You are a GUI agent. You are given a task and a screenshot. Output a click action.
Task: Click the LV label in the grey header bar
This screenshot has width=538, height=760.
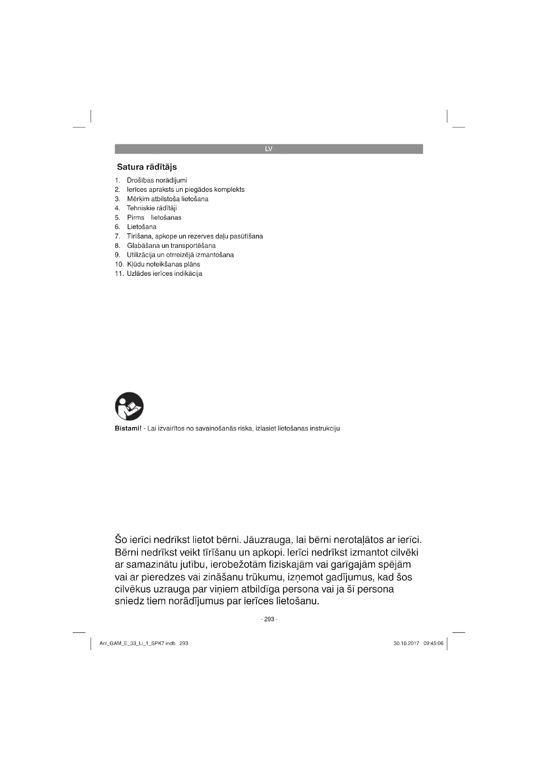pos(269,149)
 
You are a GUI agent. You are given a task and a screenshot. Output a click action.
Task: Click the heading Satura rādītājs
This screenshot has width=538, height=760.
pos(147,167)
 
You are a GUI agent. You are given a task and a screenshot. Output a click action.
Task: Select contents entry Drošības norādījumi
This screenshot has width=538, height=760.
pos(157,180)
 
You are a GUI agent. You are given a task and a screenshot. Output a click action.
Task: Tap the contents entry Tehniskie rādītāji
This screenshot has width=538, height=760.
pos(152,208)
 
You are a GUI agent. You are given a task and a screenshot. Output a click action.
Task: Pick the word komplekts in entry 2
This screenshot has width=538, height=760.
pos(229,190)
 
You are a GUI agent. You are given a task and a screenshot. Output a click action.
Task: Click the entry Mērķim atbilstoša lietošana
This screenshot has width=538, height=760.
pos(168,199)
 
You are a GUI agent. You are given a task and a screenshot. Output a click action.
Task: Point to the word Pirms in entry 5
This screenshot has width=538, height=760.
pos(136,217)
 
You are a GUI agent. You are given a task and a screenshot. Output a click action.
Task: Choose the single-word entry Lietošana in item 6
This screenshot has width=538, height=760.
pos(142,227)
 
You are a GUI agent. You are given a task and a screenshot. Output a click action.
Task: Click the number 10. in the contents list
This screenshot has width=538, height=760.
pos(119,264)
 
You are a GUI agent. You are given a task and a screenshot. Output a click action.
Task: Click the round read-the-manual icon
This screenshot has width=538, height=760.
pos(129,406)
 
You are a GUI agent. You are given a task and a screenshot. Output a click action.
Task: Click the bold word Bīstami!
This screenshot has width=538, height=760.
pos(128,429)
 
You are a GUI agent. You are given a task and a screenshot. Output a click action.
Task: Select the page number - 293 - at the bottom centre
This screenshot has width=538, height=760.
pos(269,619)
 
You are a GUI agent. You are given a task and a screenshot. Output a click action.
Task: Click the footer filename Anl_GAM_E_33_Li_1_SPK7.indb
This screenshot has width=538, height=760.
pos(138,643)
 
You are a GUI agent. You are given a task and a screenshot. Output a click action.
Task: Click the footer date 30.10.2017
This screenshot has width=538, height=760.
pos(406,643)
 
